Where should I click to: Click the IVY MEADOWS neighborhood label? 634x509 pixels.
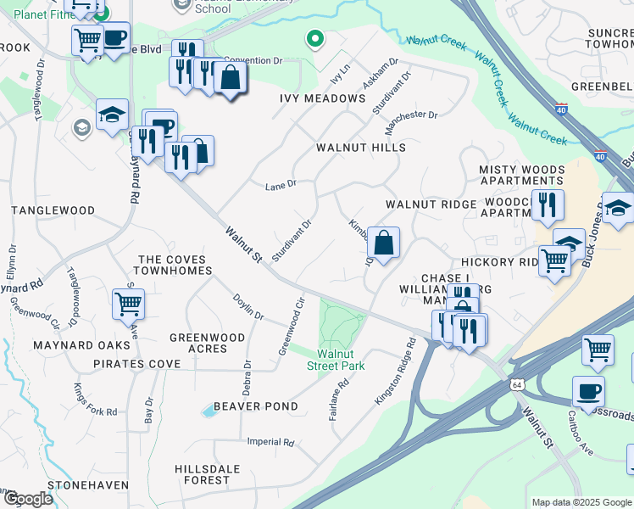point(322,99)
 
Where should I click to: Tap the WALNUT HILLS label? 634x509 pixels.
point(361,148)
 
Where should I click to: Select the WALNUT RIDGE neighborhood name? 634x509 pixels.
point(431,205)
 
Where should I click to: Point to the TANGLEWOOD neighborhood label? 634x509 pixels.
point(53,210)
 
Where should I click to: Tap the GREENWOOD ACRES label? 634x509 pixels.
point(208,343)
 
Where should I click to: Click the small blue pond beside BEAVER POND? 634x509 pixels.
point(209,411)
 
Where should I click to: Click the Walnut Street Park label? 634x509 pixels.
point(341,360)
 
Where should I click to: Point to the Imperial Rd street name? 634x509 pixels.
point(270,442)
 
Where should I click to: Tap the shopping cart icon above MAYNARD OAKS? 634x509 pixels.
point(127,303)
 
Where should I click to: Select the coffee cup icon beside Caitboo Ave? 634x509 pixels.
point(588,391)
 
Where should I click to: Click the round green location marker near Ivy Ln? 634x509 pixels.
point(314,38)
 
